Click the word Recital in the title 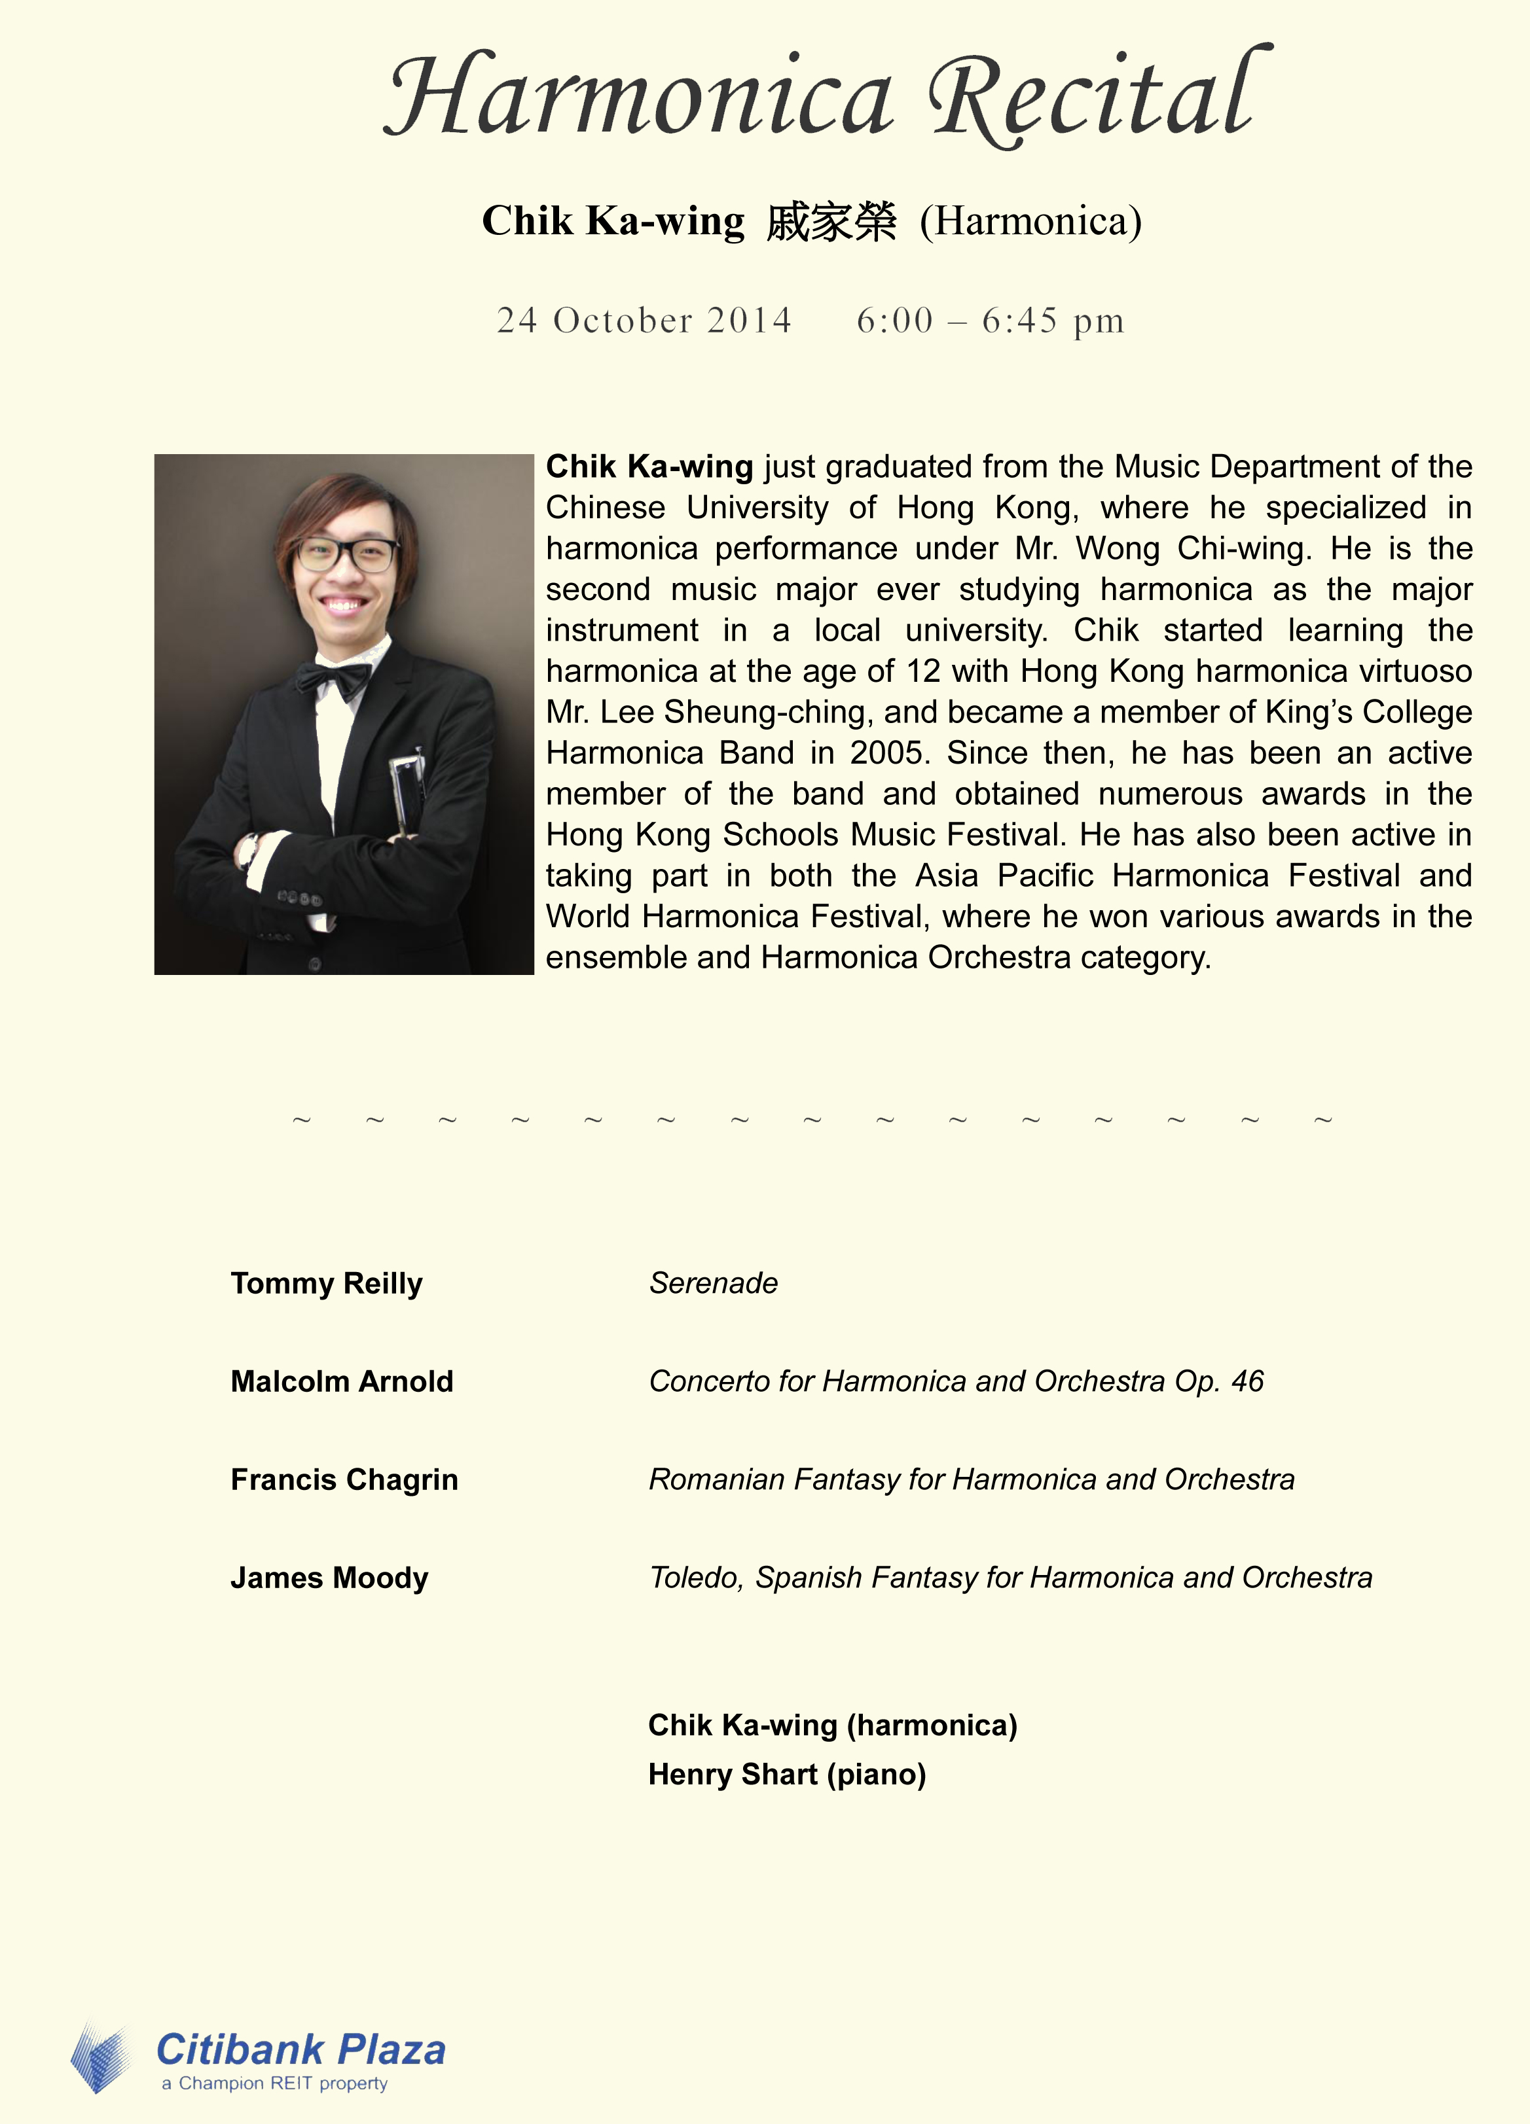tap(1098, 97)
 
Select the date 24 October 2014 tap(644, 320)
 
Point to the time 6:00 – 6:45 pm tap(989, 320)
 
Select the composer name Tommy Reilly tap(326, 1283)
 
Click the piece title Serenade tap(713, 1283)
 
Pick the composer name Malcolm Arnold tap(342, 1381)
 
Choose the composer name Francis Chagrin tap(344, 1479)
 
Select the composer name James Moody tap(329, 1578)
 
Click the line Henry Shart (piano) tap(787, 1775)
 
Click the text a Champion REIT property tap(274, 2083)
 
